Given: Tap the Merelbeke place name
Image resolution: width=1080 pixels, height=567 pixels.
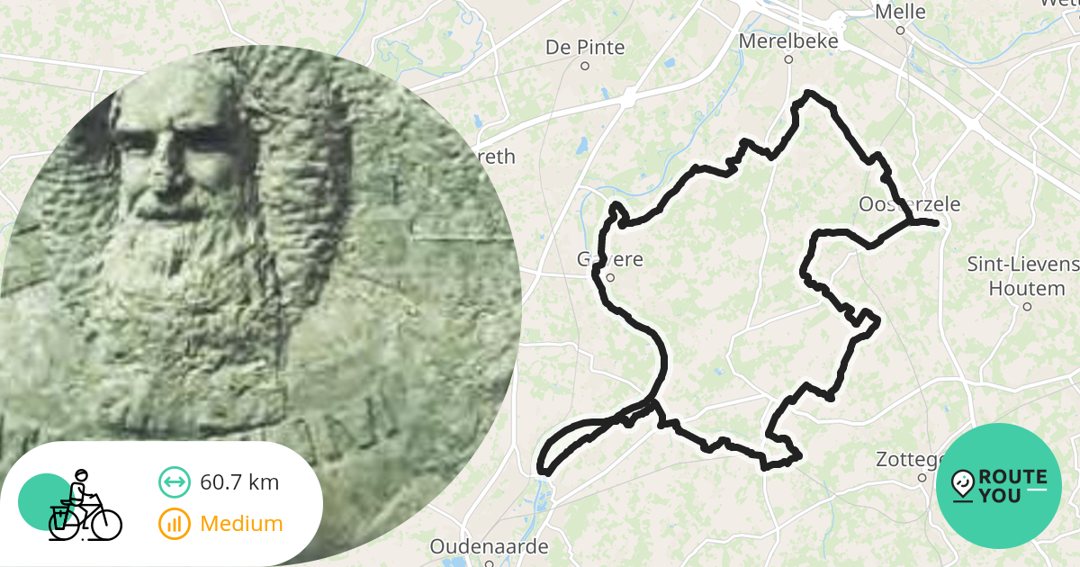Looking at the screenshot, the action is (787, 41).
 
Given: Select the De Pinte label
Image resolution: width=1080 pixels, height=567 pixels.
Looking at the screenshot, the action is (585, 47).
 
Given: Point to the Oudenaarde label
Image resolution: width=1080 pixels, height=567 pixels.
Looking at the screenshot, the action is (489, 546).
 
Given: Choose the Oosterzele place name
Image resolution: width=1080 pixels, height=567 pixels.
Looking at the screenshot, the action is (909, 204).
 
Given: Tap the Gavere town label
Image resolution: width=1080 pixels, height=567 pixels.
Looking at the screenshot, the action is (609, 259).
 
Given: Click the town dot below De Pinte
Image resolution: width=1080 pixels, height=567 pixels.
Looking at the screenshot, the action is (585, 66).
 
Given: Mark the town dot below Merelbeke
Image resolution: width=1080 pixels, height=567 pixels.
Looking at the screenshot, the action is (788, 60).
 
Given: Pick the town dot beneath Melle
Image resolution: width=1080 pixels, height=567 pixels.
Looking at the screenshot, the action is (900, 31).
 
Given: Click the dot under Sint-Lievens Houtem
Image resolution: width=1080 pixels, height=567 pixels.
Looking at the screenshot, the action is (1027, 306).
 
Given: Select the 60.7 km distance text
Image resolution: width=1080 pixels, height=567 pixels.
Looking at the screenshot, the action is (239, 482).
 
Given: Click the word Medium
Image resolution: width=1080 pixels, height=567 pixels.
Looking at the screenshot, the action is (241, 523).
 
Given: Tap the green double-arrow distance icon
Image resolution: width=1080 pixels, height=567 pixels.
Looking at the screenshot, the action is (174, 482).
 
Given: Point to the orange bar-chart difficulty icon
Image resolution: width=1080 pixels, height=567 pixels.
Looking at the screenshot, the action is (174, 523).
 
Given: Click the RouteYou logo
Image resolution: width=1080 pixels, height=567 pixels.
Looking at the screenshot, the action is (999, 485).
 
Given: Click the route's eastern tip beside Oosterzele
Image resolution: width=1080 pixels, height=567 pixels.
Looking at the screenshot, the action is (936, 222).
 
